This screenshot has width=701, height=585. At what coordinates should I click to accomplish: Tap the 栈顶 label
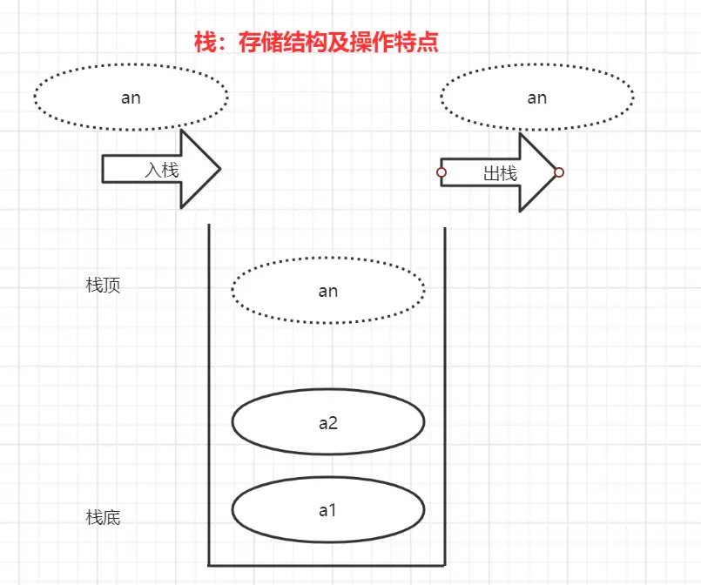pos(104,286)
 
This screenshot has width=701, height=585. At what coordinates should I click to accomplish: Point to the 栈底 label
pos(104,517)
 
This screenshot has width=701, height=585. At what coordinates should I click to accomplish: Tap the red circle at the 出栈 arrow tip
pos(559,172)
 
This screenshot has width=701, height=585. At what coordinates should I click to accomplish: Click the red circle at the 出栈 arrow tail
pos(441,172)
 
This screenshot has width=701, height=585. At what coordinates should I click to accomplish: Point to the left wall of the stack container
pos(209,392)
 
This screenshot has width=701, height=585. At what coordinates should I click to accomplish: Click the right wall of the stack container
pos(445,392)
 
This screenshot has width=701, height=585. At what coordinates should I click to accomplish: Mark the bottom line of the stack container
pos(327,564)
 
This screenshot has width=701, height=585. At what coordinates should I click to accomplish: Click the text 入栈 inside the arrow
pos(162,170)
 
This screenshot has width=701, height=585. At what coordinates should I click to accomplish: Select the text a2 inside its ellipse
pos(327,424)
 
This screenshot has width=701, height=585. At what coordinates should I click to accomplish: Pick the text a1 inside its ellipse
pos(327,510)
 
